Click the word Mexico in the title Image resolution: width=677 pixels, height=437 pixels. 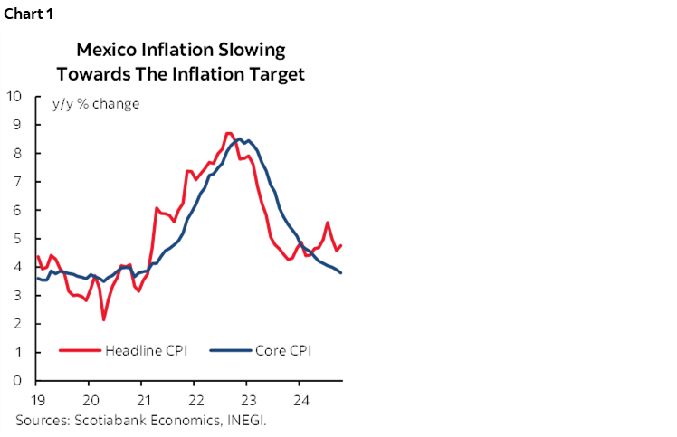click(105, 49)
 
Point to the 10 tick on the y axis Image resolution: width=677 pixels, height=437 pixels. click(14, 96)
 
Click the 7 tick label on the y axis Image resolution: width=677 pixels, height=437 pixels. click(18, 181)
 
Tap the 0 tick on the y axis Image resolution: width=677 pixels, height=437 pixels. click(18, 381)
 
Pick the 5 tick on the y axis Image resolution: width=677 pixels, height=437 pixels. click(18, 238)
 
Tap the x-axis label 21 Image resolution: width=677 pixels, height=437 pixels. click(143, 400)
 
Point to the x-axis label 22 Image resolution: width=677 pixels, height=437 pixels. click(195, 400)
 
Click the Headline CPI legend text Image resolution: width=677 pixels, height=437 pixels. click(146, 351)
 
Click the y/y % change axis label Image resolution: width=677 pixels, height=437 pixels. click(89, 104)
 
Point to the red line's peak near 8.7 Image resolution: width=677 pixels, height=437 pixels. click(228, 133)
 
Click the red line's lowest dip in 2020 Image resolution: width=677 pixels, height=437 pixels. click(104, 319)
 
